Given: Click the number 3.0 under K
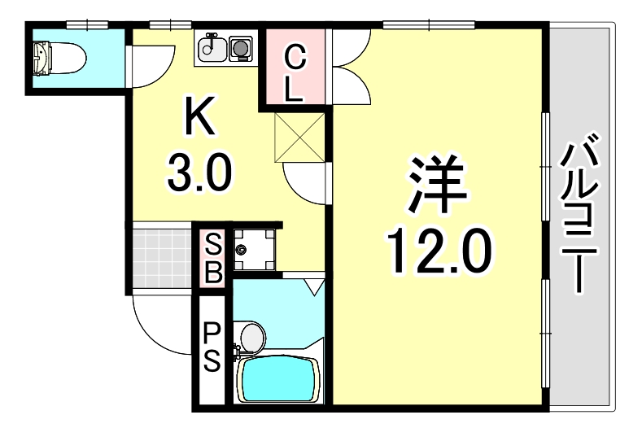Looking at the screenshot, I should tap(199, 172).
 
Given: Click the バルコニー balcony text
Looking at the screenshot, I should tap(581, 216).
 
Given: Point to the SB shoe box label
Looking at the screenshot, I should tap(212, 257).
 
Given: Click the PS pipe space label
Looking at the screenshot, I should tap(212, 346).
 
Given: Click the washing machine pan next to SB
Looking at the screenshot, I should tap(254, 249).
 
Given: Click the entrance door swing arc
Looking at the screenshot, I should tap(159, 325).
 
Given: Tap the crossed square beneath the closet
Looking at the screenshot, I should tap(300, 136).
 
